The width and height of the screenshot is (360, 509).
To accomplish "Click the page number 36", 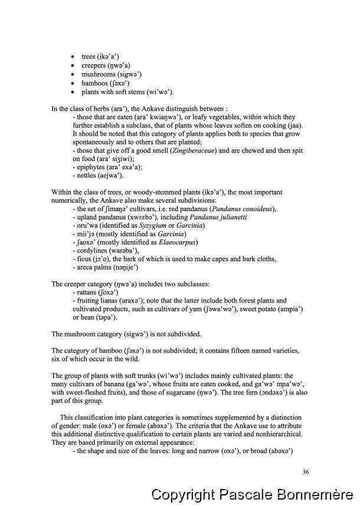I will point(305,472).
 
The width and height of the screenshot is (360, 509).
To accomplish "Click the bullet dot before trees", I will point(72,57).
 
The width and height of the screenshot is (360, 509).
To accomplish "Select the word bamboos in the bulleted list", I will point(94,83).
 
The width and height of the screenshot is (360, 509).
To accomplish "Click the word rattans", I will point(87,292).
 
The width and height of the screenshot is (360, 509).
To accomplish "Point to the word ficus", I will point(83,259).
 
